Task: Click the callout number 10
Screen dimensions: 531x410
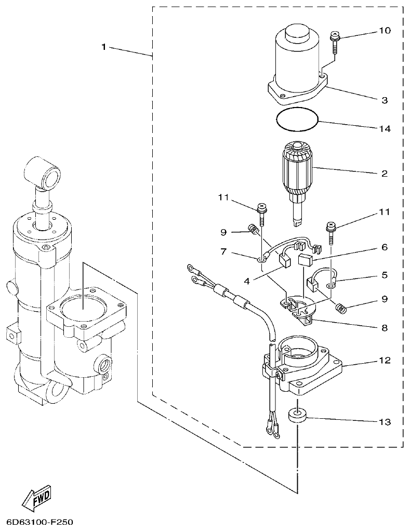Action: click(x=384, y=31)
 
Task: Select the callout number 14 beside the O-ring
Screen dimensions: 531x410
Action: click(x=384, y=128)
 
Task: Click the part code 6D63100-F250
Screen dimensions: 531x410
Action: click(x=41, y=521)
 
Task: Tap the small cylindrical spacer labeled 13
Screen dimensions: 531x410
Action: click(x=297, y=416)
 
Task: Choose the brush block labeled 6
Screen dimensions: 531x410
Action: click(x=307, y=260)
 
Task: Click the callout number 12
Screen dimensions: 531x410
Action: click(x=384, y=360)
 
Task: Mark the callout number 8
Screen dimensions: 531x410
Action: click(x=384, y=328)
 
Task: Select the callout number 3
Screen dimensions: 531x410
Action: click(x=384, y=100)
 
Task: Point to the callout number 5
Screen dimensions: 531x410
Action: click(x=384, y=274)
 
